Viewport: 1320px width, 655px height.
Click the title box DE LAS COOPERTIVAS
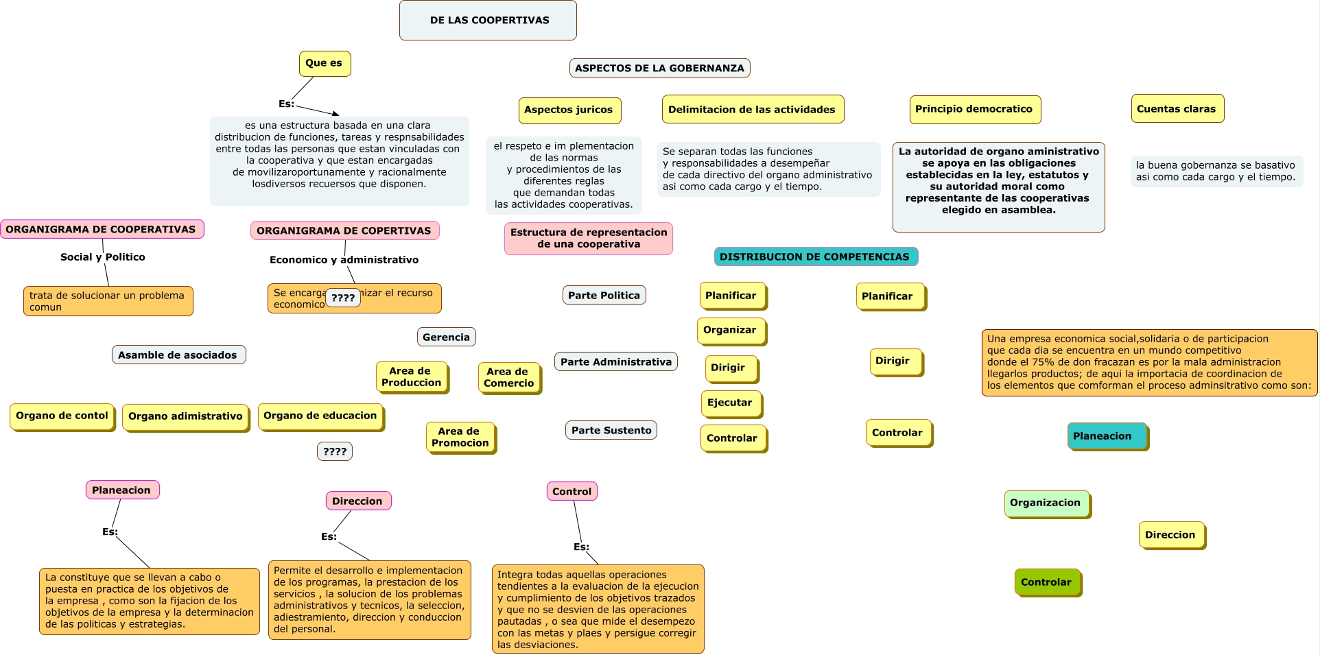(x=488, y=21)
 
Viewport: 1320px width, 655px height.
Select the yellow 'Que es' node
(x=325, y=63)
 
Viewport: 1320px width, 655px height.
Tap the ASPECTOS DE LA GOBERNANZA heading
(x=659, y=68)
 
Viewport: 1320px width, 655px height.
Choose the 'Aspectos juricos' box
(x=569, y=110)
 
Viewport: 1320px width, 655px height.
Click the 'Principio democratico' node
(x=974, y=109)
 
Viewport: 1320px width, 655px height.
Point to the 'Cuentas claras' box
(x=1177, y=109)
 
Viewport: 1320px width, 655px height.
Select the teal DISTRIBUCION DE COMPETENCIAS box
(x=815, y=257)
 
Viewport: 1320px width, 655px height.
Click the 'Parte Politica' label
(x=604, y=295)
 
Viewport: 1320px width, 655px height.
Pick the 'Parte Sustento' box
(x=611, y=430)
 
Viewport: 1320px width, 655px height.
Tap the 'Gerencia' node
(x=446, y=337)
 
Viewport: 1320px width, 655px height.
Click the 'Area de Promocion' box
(x=460, y=437)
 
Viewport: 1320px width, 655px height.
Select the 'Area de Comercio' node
(x=509, y=377)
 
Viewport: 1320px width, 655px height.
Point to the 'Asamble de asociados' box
(x=178, y=355)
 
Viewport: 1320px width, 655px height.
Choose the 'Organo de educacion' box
(x=320, y=416)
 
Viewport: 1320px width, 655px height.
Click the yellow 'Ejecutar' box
(x=730, y=403)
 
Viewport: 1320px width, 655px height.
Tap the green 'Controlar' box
(x=1046, y=582)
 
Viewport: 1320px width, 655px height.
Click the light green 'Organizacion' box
(x=1046, y=503)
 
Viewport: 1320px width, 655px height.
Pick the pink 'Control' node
(x=571, y=491)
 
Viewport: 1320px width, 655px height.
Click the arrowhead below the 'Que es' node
(x=335, y=113)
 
